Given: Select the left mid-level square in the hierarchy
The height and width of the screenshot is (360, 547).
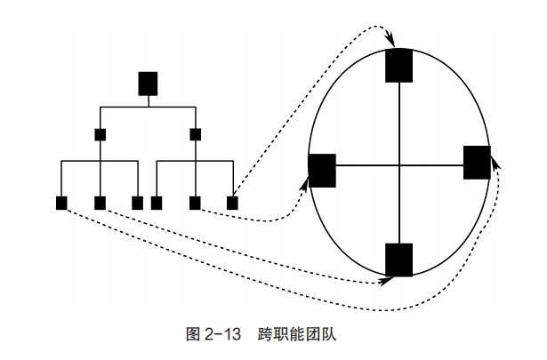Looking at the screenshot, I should pos(101,135).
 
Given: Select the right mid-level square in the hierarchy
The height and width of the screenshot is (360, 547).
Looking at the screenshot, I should pos(196,135).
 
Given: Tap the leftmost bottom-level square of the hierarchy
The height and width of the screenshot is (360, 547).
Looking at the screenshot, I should pos(61,203).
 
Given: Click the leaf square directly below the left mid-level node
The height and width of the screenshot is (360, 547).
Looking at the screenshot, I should pos(101,203).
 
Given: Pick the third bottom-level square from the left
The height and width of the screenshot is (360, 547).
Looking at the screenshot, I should pos(137,203).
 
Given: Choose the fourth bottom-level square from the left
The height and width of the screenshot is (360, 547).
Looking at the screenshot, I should pos(157,203).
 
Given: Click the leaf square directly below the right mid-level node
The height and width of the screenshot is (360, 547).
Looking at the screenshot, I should pos(195,203).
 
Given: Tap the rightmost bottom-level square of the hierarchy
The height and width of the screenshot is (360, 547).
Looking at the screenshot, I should pos(233,203).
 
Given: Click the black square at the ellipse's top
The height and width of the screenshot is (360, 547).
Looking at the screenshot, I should pos(399,65).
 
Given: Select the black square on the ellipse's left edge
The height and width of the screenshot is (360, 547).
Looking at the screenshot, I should pos(321,170).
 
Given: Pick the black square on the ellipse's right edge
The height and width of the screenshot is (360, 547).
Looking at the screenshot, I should pos(477,162).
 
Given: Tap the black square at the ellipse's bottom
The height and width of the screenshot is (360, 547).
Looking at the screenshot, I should pos(399,259).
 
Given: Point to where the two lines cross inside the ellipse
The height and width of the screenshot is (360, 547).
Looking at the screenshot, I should pos(399,165).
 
